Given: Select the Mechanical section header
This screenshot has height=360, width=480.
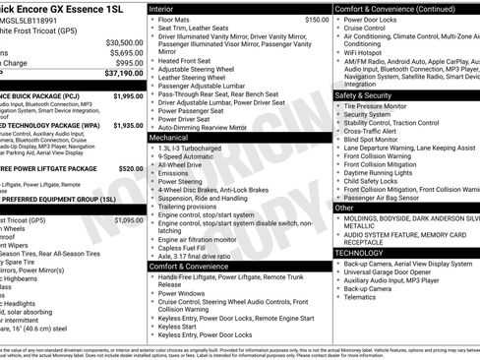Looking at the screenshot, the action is [171, 138].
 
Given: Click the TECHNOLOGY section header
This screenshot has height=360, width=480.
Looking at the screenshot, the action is [360, 253].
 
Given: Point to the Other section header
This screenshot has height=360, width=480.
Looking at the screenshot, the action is [344, 208].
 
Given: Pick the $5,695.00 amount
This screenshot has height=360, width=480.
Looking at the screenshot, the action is [126, 53].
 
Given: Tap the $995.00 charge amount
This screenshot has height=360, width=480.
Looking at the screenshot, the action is [129, 63].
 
